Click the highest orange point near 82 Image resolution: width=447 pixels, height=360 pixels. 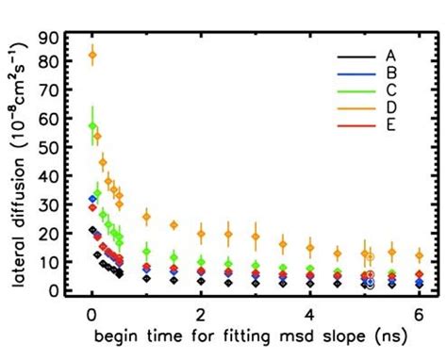coord(91,56)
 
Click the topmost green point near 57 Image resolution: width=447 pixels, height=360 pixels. coord(91,125)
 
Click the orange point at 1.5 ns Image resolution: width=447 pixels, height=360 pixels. coord(174,224)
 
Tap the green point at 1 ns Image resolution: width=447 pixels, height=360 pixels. coord(146,251)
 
